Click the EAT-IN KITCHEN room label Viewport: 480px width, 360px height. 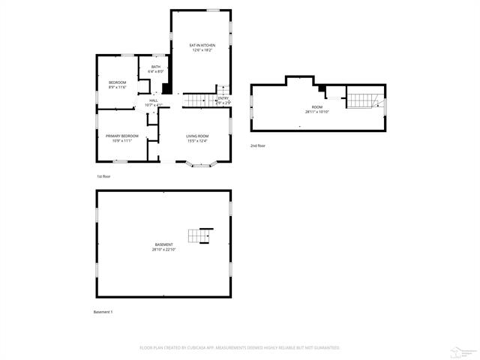(202, 46)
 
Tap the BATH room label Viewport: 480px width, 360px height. (156, 67)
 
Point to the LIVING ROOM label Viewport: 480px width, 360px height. (197, 136)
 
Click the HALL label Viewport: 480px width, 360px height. (153, 100)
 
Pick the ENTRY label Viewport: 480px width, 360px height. (223, 98)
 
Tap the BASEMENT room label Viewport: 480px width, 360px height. (163, 244)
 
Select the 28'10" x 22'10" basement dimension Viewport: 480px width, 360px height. (163, 250)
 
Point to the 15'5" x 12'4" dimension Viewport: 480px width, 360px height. (197, 141)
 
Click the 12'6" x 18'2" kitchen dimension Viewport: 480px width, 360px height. (202, 51)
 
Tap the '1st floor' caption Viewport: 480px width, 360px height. (103, 176)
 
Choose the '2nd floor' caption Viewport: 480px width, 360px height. (258, 145)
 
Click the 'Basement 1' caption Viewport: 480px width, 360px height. (103, 311)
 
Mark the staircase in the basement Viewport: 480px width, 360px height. (200, 235)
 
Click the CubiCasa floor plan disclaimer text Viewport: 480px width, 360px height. (240, 348)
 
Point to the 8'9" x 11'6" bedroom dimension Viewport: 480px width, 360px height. (117, 87)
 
